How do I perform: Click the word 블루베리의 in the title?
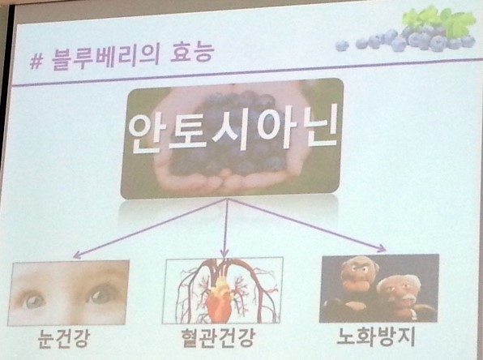coord(105,58)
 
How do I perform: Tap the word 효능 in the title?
coord(192,53)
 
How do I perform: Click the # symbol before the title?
coord(36,62)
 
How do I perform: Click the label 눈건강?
coord(64,338)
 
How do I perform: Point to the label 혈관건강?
coord(218,337)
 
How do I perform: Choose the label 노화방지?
coord(376,336)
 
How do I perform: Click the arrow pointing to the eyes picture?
coord(150,229)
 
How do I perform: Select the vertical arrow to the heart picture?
coord(226,228)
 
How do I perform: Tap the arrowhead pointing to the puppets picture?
coord(383,248)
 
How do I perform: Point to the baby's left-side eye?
coord(34,301)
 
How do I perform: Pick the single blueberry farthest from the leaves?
coord(342,45)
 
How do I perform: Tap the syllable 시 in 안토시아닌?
coord(230,130)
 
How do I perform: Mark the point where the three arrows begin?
coord(228,199)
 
